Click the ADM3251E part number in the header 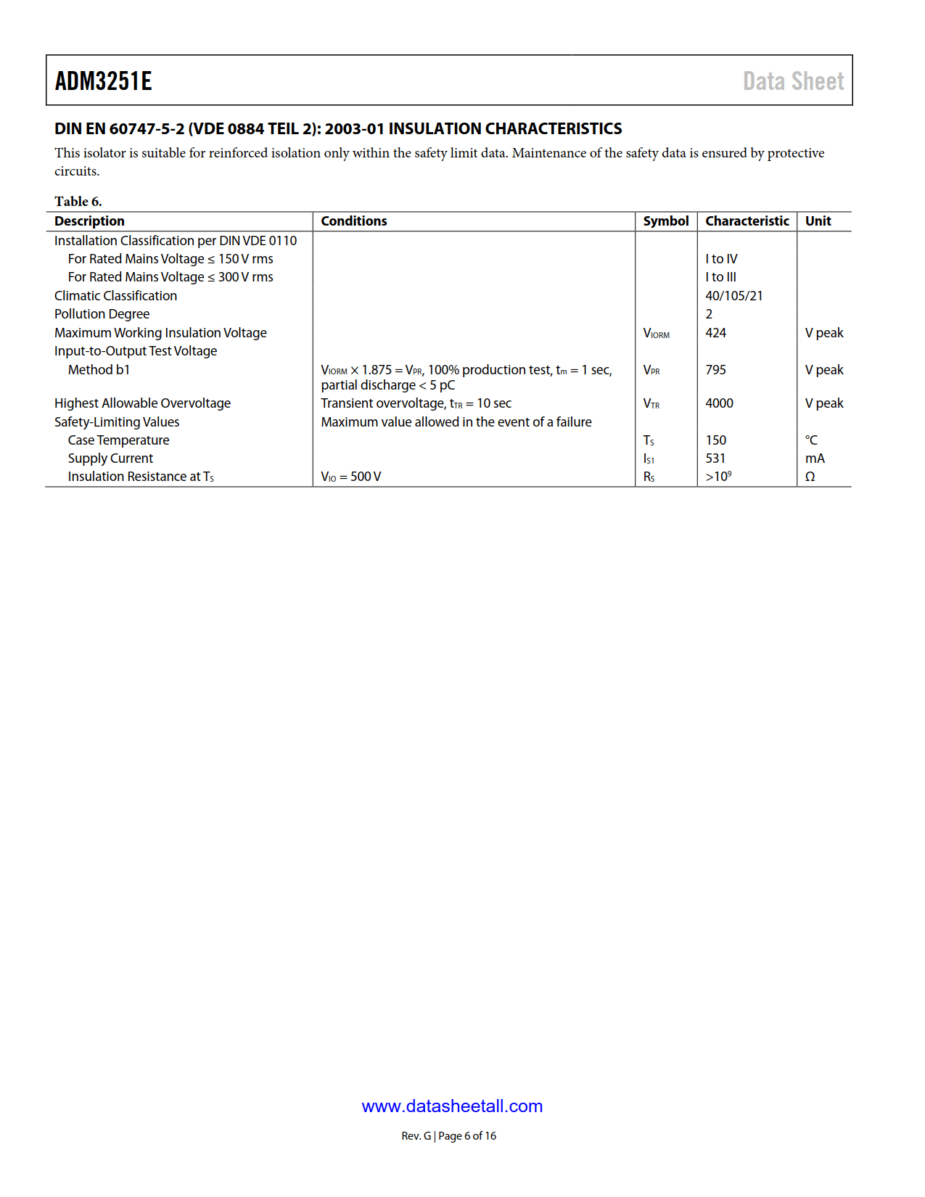coord(103,81)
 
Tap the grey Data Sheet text coord(793,81)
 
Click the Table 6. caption coord(78,201)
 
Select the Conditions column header coord(353,221)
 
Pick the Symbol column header coord(665,221)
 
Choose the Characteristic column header coord(747,221)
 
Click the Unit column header coord(818,221)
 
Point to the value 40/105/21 coord(733,296)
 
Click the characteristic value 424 coord(715,333)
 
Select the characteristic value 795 coord(715,370)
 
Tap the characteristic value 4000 coord(719,403)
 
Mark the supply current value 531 coord(715,458)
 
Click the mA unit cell coord(815,458)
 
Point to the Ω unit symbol coord(810,477)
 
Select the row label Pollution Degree coord(102,314)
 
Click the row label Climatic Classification coord(115,296)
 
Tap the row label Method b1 coord(99,370)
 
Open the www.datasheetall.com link coord(452,1106)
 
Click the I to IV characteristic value coord(721,259)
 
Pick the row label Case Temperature coord(118,440)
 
